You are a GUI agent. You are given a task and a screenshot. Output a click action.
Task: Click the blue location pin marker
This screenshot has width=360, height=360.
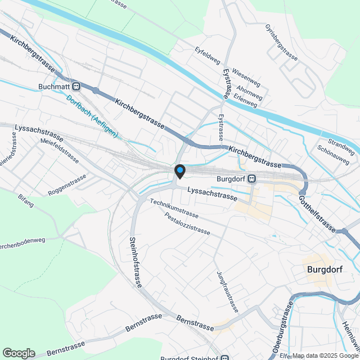[x=180, y=170]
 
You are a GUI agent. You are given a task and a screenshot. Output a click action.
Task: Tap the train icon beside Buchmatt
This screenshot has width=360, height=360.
[x=76, y=87]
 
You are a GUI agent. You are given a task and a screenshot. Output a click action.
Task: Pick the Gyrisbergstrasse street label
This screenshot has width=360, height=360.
[x=281, y=42]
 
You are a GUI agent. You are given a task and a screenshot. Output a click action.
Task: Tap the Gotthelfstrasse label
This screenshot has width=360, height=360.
[x=317, y=214]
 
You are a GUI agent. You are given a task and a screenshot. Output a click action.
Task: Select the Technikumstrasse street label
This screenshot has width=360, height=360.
[x=174, y=209]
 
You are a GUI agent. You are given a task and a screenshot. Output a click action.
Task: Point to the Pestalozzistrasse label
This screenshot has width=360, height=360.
[x=187, y=223]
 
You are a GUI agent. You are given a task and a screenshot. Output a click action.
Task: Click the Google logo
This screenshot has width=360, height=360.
[x=19, y=353]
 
